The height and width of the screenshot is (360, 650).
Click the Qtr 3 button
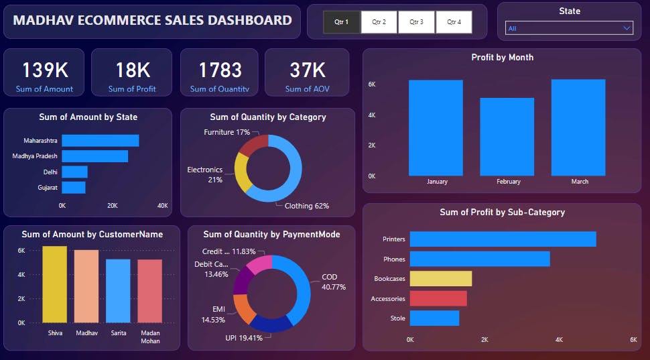click(416, 22)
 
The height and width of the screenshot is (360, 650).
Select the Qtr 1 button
click(341, 22)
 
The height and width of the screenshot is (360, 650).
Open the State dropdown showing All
click(569, 28)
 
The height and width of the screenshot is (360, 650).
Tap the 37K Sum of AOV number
click(307, 70)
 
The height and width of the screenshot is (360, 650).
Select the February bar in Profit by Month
click(507, 137)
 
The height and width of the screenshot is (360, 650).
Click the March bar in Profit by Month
click(578, 127)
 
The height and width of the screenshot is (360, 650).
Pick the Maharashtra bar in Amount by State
click(100, 141)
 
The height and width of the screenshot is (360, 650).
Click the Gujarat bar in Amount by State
click(74, 187)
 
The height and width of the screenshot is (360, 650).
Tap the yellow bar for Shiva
click(55, 284)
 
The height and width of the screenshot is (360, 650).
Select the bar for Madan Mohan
click(149, 291)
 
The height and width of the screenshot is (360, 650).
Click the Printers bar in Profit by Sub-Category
click(503, 239)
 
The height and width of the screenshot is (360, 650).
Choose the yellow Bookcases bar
click(440, 278)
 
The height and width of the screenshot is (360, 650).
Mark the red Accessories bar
click(438, 298)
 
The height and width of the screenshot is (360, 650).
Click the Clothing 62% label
click(306, 206)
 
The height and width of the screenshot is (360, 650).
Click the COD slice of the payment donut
click(302, 285)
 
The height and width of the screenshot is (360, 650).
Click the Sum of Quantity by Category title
click(267, 117)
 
